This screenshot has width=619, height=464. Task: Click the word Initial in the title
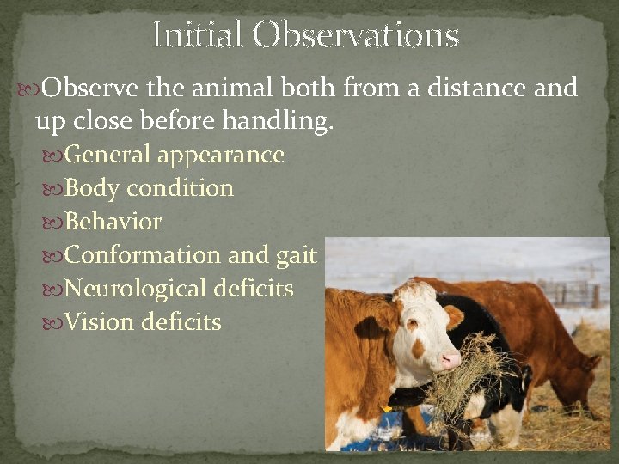197,35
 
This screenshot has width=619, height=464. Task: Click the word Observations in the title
356,35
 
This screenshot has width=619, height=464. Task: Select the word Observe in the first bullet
90,88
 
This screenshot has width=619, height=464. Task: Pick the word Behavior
113,222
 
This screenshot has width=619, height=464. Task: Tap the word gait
297,255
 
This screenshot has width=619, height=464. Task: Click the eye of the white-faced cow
412,324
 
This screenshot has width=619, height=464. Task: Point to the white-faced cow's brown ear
453,315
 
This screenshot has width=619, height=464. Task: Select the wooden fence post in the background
595,296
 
